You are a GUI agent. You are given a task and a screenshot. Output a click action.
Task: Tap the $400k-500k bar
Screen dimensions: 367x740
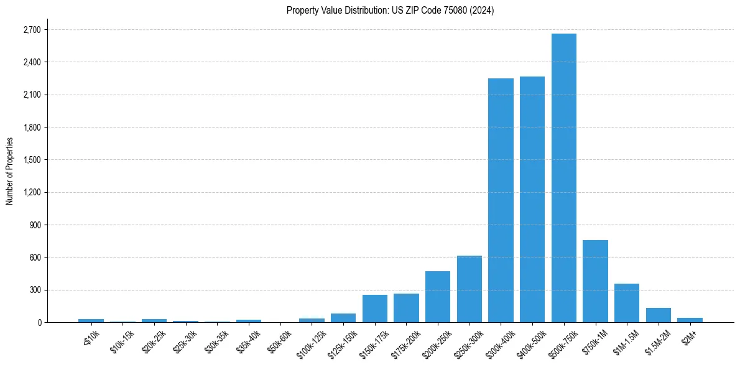point(532,199)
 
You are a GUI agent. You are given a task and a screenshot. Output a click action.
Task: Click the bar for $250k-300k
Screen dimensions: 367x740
point(469,289)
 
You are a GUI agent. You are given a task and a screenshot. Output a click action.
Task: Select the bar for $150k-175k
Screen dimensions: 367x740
point(375,309)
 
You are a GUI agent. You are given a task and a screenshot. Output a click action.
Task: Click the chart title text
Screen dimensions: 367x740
point(390,11)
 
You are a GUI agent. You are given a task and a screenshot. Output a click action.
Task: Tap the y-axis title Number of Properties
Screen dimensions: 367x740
point(9,170)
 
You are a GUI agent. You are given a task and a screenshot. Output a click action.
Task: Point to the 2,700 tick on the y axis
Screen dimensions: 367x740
point(31,30)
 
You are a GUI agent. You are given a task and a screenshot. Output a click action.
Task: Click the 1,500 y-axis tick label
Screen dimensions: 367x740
point(31,160)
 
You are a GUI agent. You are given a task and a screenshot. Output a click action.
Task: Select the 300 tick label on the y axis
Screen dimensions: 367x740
point(35,290)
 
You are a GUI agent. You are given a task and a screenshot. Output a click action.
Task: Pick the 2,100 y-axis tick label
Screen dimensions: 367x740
point(31,95)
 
